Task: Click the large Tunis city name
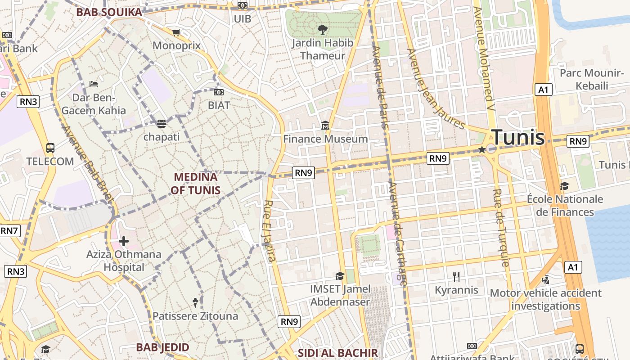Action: tap(518, 137)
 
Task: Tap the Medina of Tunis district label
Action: tap(195, 184)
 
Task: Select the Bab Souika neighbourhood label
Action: tap(109, 12)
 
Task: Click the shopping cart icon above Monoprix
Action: tap(176, 32)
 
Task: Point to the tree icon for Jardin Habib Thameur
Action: tap(322, 30)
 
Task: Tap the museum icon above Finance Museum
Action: tap(325, 126)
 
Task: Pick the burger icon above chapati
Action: tap(162, 123)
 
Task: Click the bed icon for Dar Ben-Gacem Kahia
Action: tap(94, 84)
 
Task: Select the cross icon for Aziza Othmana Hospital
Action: tap(124, 241)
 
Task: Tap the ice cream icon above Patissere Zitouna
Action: tap(195, 302)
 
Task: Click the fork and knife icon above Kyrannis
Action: tap(456, 276)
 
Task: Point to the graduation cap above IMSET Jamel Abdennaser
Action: tap(340, 276)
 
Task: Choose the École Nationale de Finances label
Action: tap(565, 205)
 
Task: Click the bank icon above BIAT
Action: tap(219, 92)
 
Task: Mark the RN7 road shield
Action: tap(9, 231)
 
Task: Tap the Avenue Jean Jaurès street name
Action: tap(436, 88)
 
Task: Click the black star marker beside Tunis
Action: tap(482, 149)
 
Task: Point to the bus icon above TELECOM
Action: tap(50, 148)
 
